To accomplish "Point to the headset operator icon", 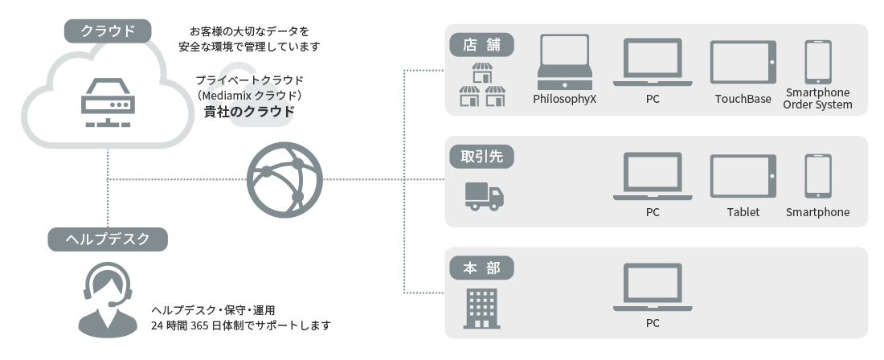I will [x=107, y=298].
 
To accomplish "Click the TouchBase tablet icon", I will [x=743, y=63].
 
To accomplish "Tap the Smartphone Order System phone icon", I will [x=817, y=62].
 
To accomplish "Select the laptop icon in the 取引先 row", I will [x=652, y=176].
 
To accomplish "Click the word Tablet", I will [x=743, y=212].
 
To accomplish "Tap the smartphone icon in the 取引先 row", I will [x=817, y=176].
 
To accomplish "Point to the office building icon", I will [x=481, y=309].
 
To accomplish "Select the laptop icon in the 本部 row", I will [x=652, y=288].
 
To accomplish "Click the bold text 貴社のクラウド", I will [x=248, y=112].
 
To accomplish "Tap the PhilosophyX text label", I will [x=565, y=99].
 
